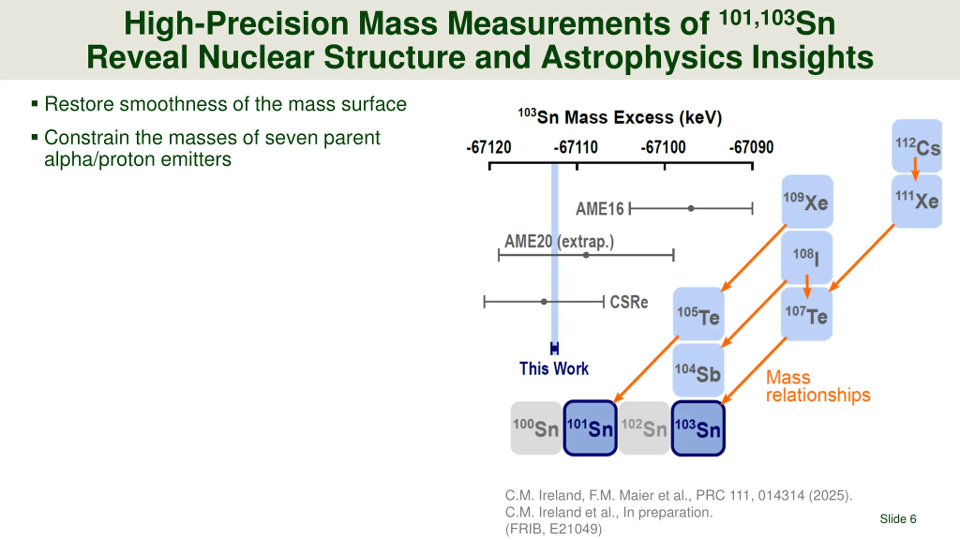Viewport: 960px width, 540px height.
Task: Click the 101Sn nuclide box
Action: [x=590, y=428]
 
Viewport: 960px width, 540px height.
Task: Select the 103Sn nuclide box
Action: [x=698, y=428]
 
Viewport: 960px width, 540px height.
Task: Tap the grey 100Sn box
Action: [x=536, y=428]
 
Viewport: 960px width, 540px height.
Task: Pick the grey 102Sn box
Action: [x=644, y=428]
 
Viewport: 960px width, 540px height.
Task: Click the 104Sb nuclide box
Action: [x=698, y=370]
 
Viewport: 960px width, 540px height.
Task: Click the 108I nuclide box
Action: [x=806, y=257]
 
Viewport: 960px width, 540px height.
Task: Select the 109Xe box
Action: [x=807, y=201]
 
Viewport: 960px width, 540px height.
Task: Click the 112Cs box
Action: [x=916, y=145]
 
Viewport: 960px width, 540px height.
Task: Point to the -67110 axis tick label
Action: [x=576, y=147]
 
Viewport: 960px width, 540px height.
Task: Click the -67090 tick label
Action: [x=751, y=147]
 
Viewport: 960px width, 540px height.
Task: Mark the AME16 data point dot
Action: [x=691, y=208]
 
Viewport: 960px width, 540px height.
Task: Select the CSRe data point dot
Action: [x=544, y=301]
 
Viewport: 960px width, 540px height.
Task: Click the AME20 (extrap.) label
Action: [x=559, y=241]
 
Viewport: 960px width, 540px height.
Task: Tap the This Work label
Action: [x=554, y=369]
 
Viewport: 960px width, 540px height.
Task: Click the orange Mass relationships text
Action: [x=817, y=386]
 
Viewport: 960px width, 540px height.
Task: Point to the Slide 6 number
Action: [x=898, y=519]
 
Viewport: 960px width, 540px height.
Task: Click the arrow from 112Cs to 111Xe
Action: [x=915, y=169]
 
